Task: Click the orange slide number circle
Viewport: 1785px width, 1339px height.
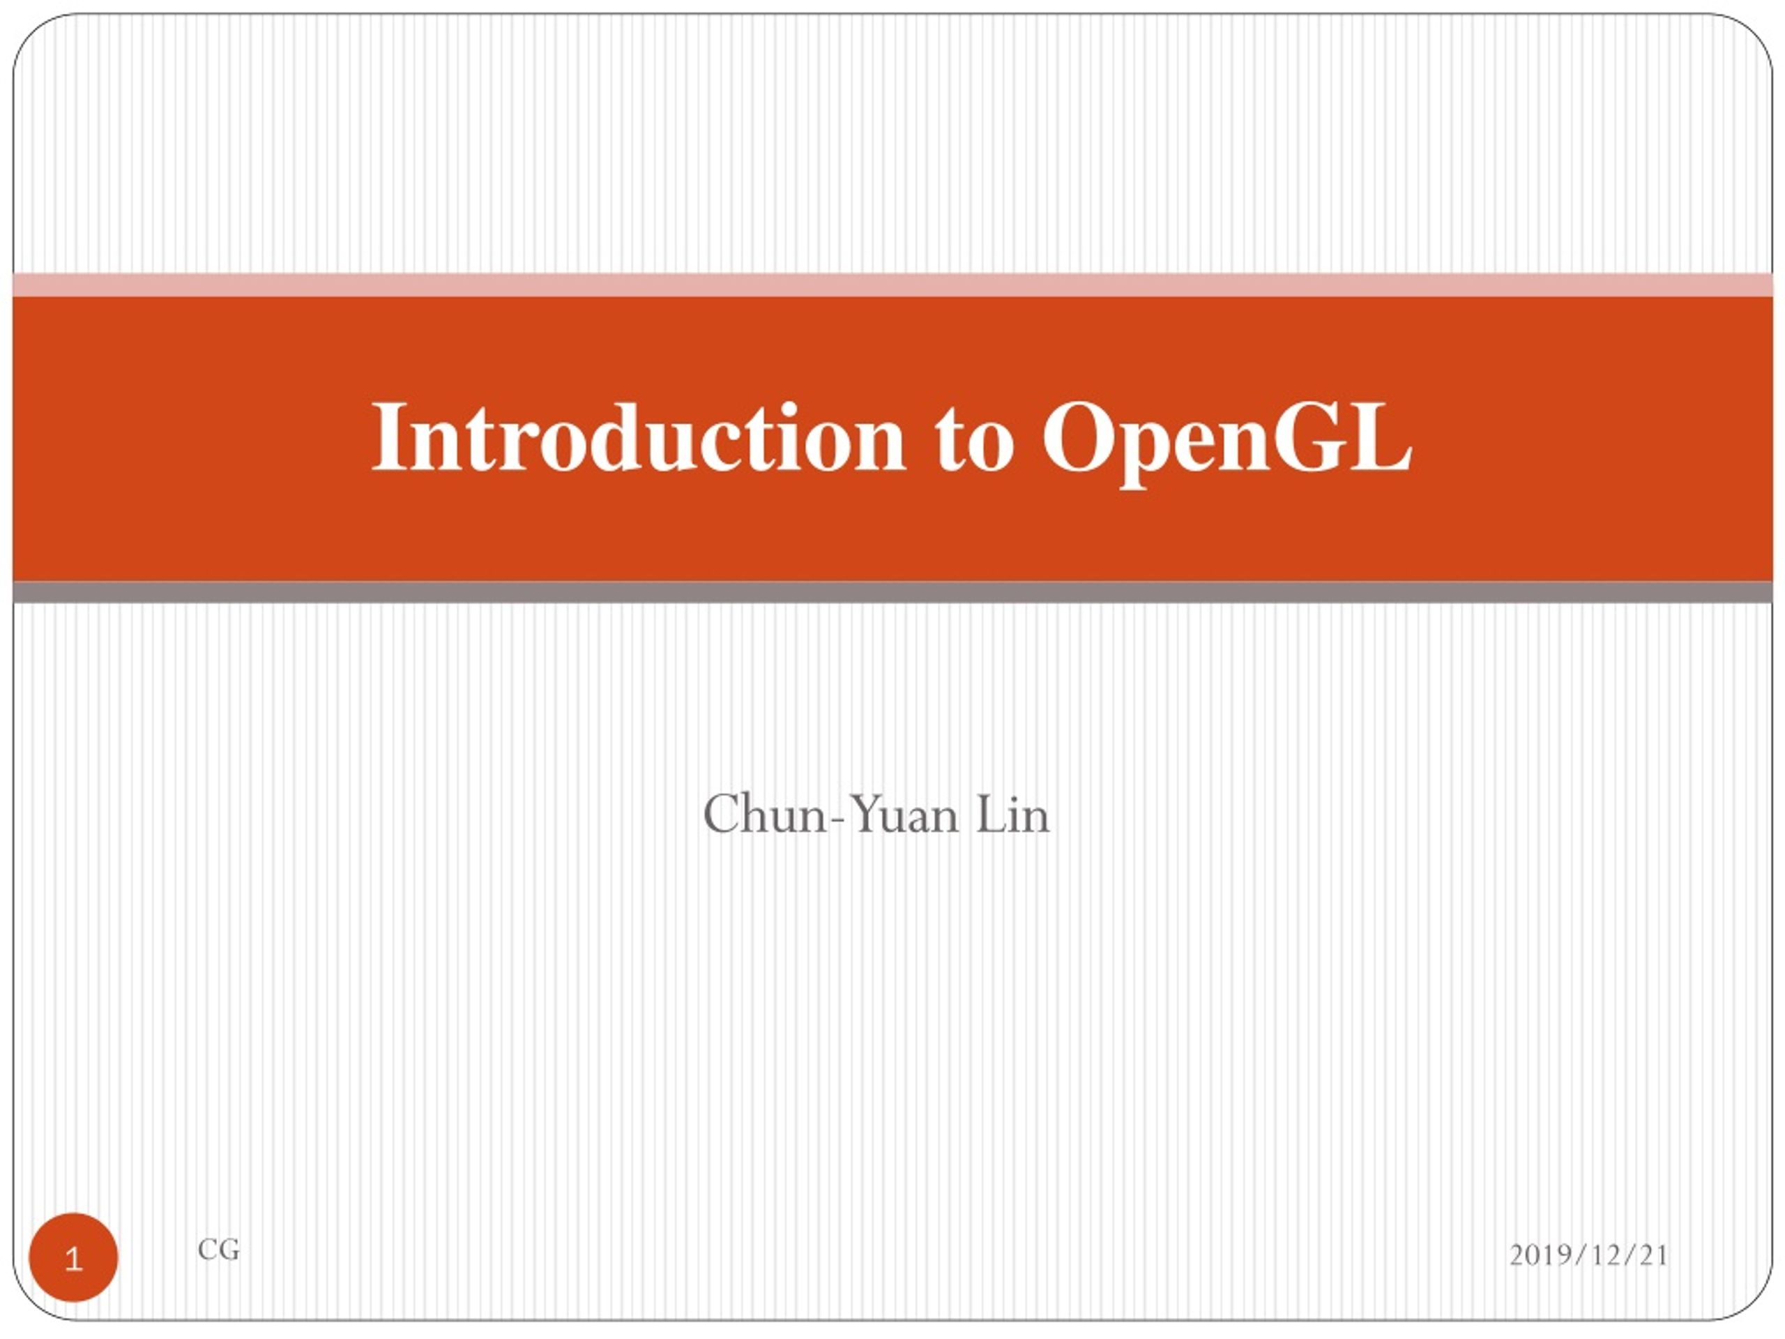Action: coord(73,1257)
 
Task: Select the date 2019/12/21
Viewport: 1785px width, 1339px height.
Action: coord(1588,1255)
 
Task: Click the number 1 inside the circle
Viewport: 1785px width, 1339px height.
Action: coord(73,1259)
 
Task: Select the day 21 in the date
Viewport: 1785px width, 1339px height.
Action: coord(1653,1255)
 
